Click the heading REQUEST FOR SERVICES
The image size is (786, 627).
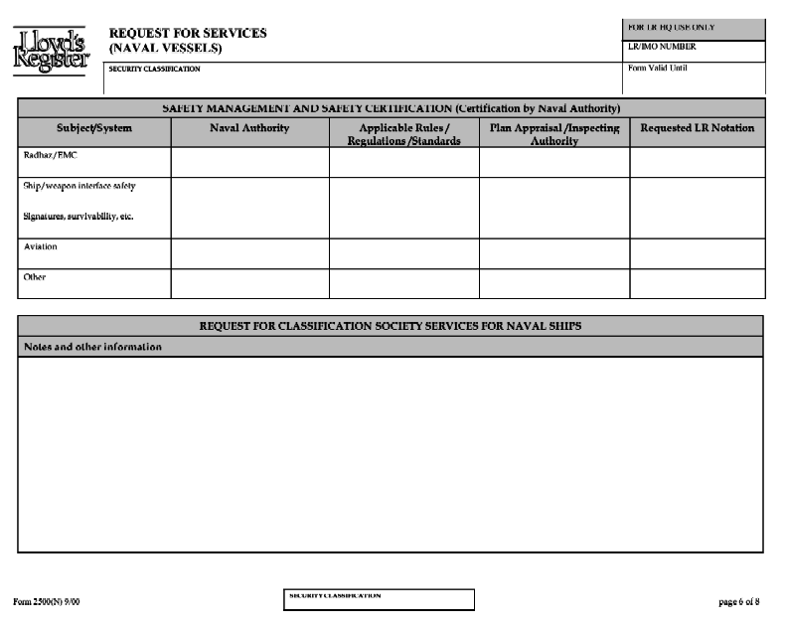(188, 33)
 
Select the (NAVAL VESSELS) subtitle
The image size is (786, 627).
(166, 48)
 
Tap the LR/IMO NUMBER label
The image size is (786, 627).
(663, 47)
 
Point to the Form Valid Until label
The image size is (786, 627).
(658, 68)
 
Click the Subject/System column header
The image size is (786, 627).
(94, 128)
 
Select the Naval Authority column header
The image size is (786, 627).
(249, 128)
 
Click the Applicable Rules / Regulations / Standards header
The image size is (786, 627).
(403, 134)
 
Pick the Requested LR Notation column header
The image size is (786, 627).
(697, 128)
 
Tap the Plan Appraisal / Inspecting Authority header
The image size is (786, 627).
(553, 134)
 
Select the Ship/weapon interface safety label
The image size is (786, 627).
(79, 185)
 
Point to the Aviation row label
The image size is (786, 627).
(41, 246)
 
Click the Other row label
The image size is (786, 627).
(35, 277)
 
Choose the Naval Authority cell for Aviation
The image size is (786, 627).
(249, 253)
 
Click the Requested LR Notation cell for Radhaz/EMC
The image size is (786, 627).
(697, 162)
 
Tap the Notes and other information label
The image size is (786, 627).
(92, 347)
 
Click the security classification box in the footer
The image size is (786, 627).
(379, 599)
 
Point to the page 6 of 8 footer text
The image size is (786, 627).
(738, 601)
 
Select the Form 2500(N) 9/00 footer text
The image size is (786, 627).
(46, 601)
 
